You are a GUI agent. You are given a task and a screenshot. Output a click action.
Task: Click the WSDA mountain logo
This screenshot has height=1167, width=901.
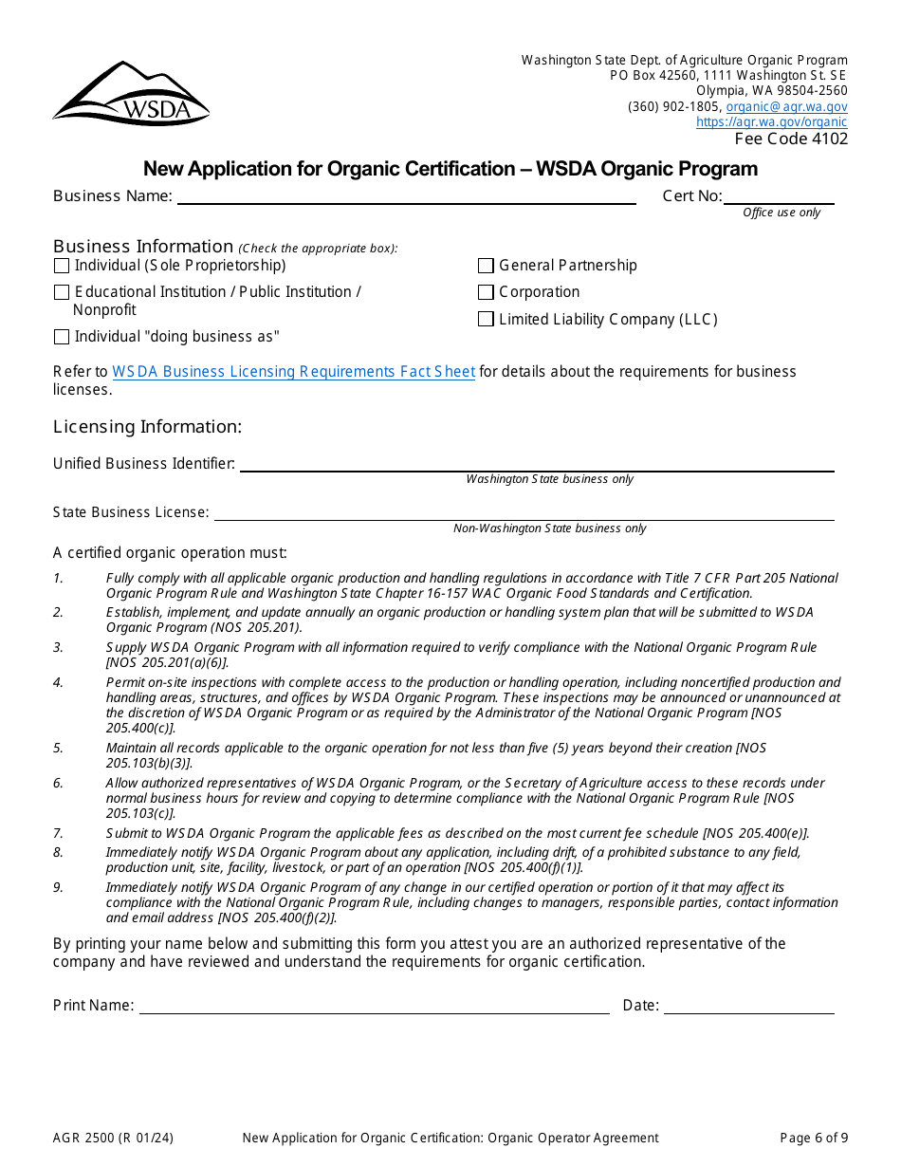coord(131,94)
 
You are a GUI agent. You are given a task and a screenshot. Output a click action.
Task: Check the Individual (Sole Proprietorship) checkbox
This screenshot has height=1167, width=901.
coord(62,266)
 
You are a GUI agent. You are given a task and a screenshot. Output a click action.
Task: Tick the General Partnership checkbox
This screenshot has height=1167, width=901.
coord(486,266)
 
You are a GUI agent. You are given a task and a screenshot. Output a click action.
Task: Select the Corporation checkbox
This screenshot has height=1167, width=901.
coord(486,292)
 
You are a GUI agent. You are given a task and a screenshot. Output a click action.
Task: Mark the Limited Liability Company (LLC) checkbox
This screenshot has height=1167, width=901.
coord(486,320)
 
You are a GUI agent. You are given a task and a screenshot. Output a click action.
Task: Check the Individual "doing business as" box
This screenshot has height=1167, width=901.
coord(62,337)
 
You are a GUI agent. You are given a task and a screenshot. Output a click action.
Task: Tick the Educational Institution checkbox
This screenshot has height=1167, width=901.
coord(62,292)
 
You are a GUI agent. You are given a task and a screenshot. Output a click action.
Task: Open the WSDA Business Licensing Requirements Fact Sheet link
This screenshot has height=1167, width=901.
coord(293,372)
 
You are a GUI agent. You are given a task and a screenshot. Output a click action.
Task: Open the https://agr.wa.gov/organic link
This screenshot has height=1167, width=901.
coord(771,122)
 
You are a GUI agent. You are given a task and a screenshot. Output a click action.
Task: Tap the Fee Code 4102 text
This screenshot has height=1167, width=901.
coord(791,139)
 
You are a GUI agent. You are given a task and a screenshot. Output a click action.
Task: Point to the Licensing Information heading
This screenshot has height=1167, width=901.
coord(147,427)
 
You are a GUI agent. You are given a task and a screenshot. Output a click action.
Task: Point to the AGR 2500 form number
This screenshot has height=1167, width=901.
coord(113,1139)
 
